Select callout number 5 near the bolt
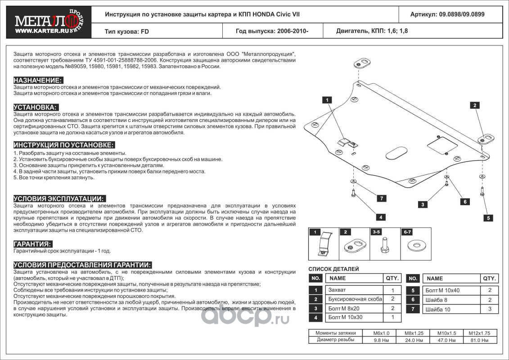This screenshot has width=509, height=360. coord(488,218)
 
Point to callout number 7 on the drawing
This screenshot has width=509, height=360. coord(381,198)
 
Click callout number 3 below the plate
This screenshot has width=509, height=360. coord(423,205)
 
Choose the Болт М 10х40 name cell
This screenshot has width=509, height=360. coord(444,291)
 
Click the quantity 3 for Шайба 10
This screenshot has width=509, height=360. coord(490,309)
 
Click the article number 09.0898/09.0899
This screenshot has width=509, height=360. coord(447,14)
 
